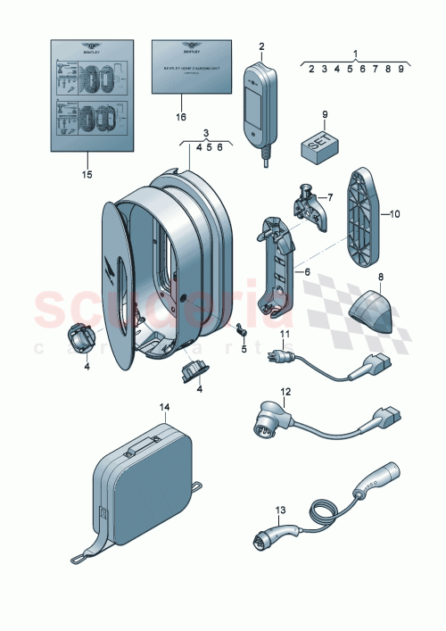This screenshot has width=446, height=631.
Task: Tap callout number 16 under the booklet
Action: tap(182, 116)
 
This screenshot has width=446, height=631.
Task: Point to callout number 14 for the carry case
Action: tap(163, 407)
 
